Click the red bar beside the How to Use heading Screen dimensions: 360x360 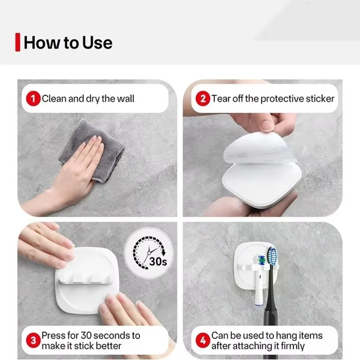point(18,42)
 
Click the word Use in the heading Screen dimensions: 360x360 point(97,43)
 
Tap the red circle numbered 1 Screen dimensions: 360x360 point(33,99)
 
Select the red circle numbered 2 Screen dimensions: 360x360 point(203,99)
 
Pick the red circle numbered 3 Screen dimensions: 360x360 point(33,341)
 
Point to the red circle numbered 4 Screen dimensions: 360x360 point(203,341)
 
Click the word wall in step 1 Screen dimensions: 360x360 point(126,99)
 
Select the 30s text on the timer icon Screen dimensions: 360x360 point(158,261)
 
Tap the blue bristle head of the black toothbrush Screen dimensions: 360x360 point(272,256)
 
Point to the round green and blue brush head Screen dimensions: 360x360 point(261,261)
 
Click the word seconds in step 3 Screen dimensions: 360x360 point(112,336)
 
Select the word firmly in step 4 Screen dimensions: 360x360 point(293,346)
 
